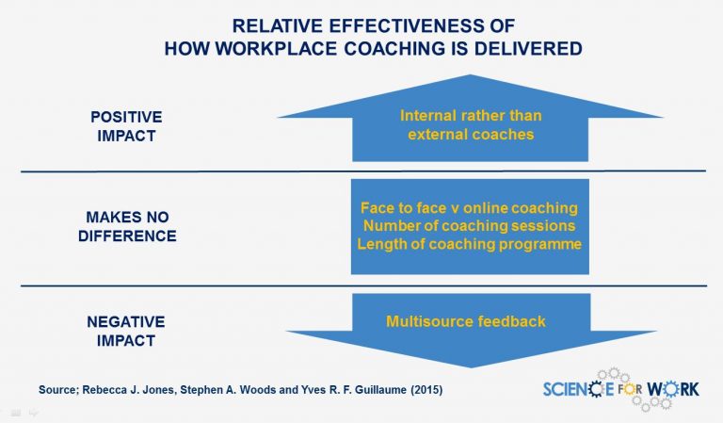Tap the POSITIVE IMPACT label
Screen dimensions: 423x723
pos(126,125)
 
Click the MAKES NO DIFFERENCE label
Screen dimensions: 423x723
pos(125,226)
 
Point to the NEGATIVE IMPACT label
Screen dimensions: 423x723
pos(125,331)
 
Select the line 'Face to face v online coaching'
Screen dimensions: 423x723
pos(469,207)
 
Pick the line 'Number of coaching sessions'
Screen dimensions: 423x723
pos(469,226)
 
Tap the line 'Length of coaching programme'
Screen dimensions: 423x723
pos(469,245)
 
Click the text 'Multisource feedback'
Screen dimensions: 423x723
pos(466,321)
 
